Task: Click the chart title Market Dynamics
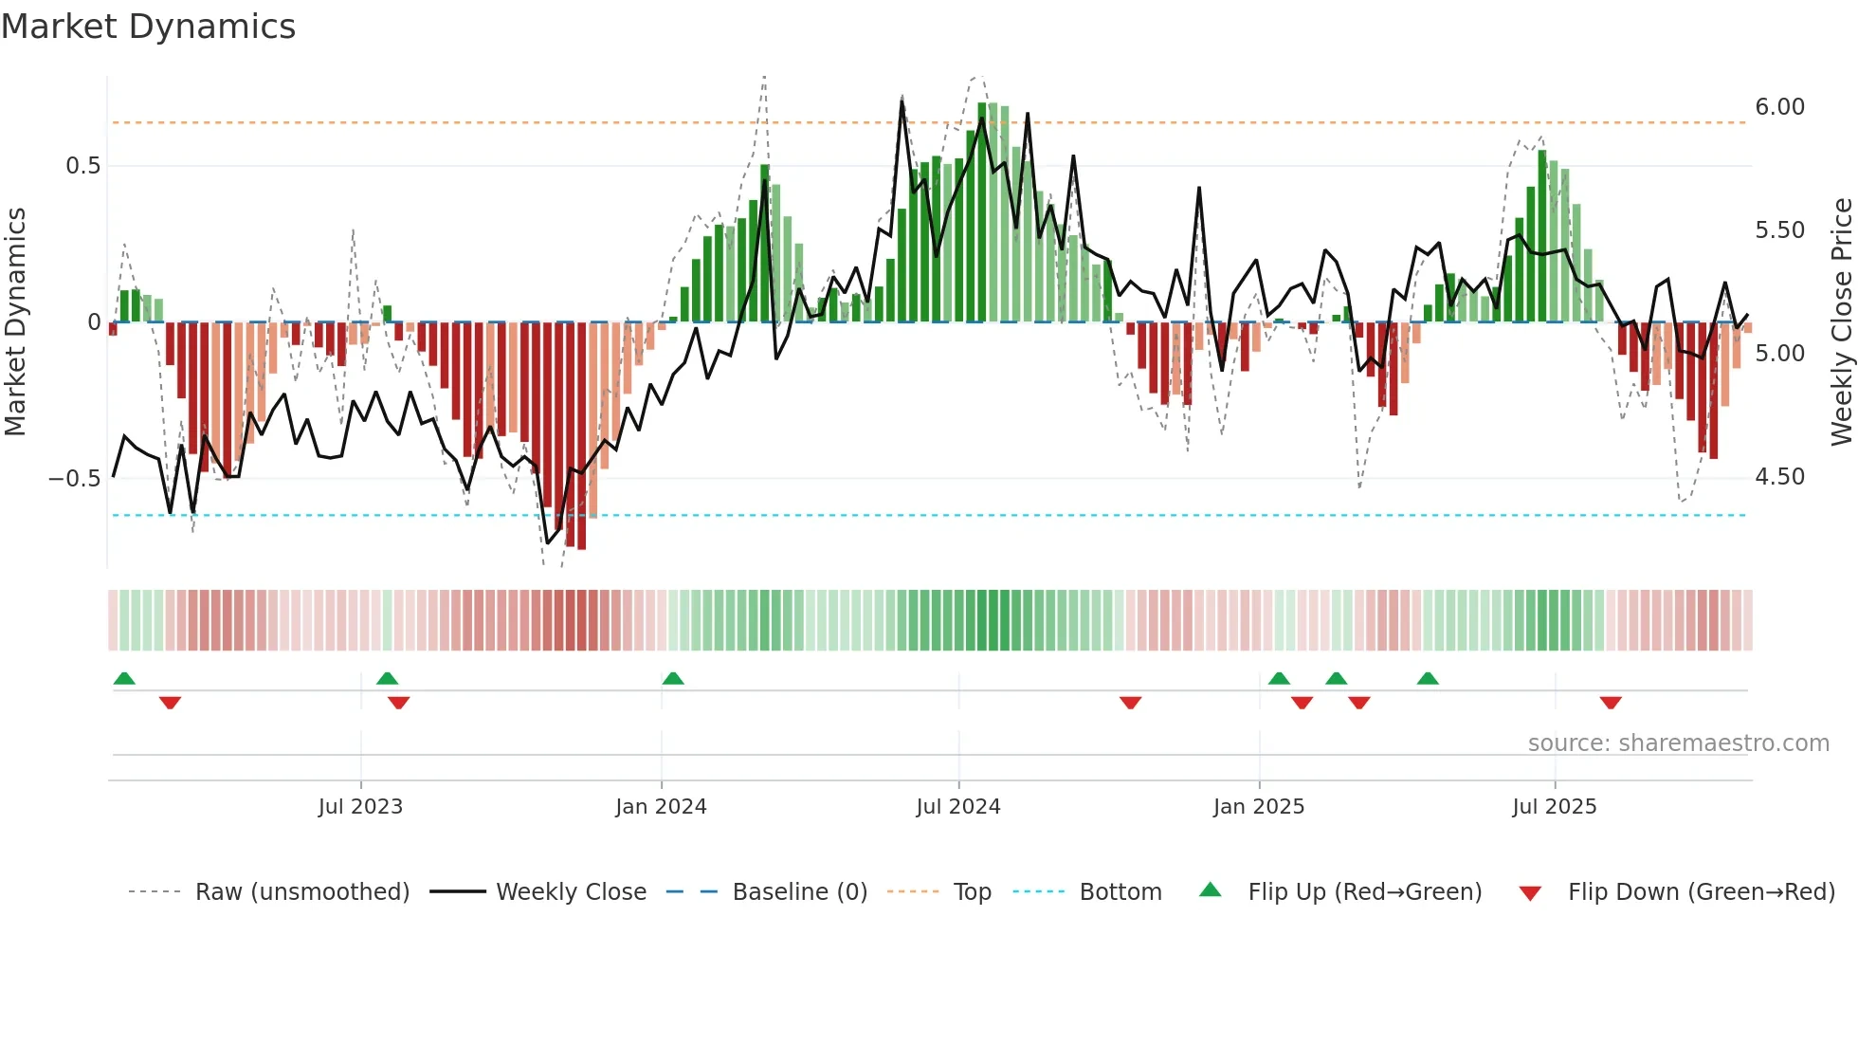click(149, 27)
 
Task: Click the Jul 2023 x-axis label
click(360, 807)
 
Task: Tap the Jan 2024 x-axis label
click(661, 807)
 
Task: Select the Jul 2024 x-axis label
click(958, 807)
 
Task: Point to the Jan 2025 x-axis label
click(1259, 807)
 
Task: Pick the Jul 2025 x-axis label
click(1555, 807)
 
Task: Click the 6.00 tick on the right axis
click(1779, 107)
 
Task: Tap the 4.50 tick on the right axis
click(1779, 477)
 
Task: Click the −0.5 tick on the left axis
click(75, 478)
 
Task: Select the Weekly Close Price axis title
click(1841, 321)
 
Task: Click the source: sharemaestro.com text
click(1678, 743)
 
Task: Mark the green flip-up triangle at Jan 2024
click(673, 678)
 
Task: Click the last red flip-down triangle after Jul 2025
click(1611, 703)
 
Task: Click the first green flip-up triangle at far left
click(124, 678)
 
